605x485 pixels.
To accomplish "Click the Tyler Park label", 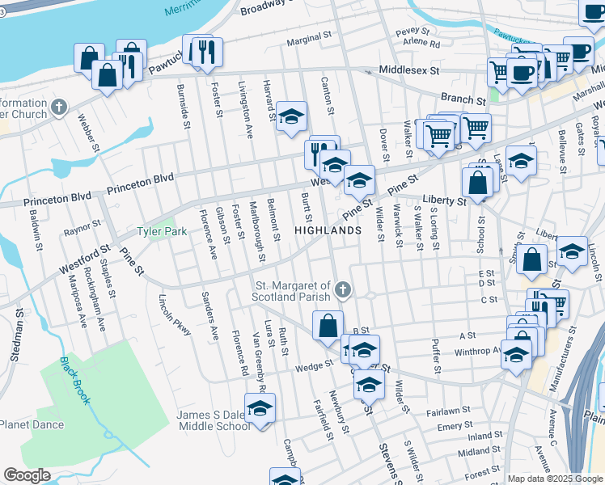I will pyautogui.click(x=162, y=231).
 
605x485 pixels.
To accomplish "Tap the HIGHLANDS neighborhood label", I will pyautogui.click(x=328, y=230).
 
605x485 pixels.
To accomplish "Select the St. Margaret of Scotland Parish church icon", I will pyautogui.click(x=343, y=290).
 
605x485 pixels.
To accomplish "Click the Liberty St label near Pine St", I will pyautogui.click(x=444, y=199).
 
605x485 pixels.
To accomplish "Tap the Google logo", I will pyautogui.click(x=27, y=475).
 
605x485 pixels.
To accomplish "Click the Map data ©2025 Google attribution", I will pyautogui.click(x=554, y=479).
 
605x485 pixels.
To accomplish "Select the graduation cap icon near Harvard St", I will pyautogui.click(x=291, y=116).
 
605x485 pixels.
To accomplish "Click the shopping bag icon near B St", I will pyautogui.click(x=328, y=326).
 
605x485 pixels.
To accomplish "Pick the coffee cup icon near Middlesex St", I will pyautogui.click(x=522, y=72).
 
